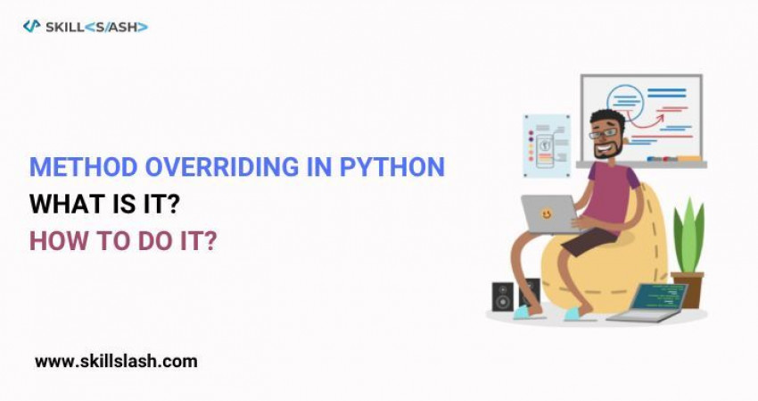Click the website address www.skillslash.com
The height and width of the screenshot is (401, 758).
coord(116,362)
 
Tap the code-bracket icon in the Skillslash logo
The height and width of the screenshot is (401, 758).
coord(32,27)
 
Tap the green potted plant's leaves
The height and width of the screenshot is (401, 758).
coord(688,235)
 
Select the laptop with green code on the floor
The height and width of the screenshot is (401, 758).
coord(648,302)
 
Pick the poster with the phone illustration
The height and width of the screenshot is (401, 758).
coord(547,144)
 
